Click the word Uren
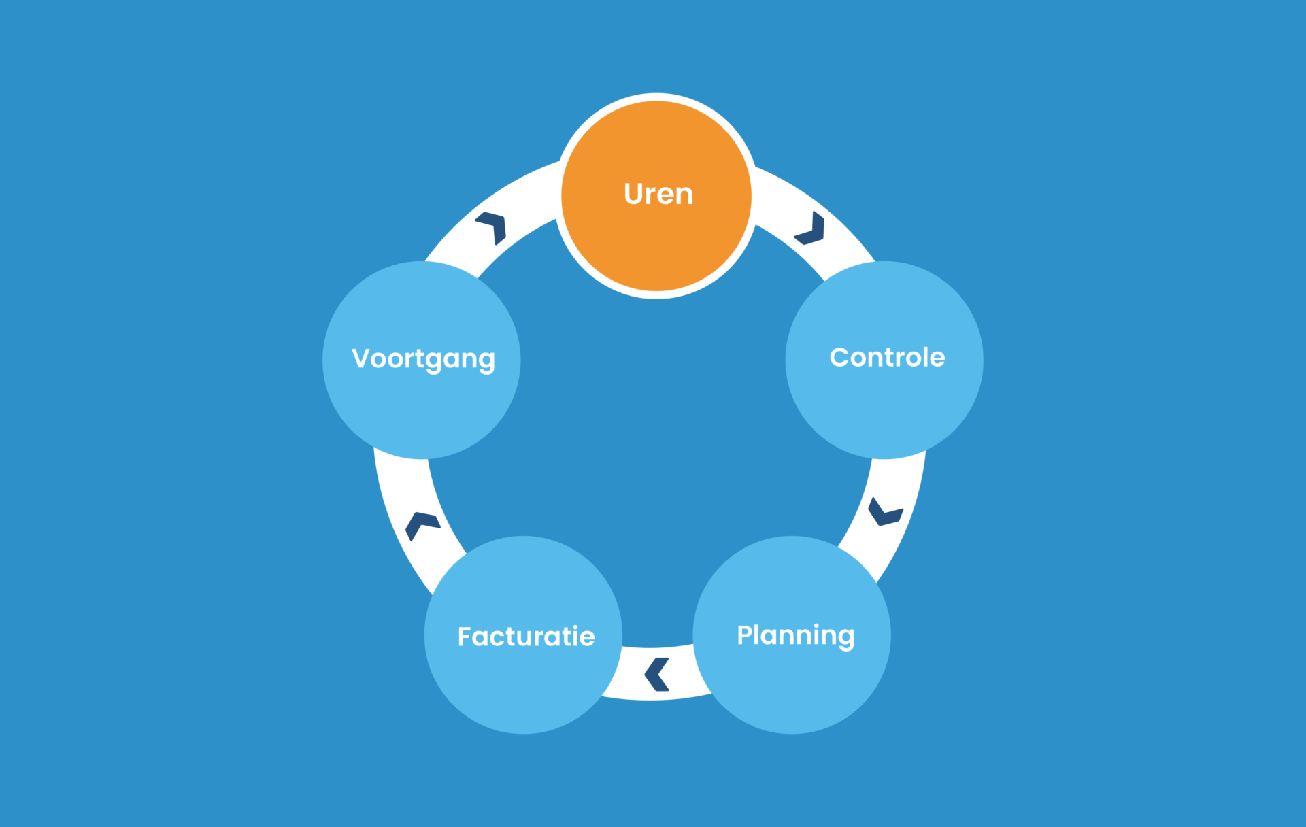(658, 195)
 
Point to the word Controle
(887, 358)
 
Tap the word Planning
(795, 636)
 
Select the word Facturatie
(526, 637)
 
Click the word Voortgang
(423, 359)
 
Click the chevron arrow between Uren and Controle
(811, 229)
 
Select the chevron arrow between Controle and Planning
(884, 513)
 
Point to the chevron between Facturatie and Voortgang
(422, 525)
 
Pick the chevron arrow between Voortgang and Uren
(492, 227)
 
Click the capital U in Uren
(634, 195)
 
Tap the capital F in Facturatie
(466, 637)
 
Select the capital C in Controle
(841, 358)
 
